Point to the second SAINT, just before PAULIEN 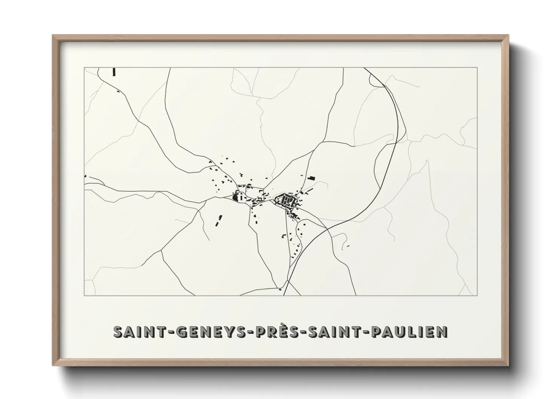pyautogui.click(x=336, y=331)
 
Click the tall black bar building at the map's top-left pyautogui.click(x=113, y=72)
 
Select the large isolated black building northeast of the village pyautogui.click(x=311, y=178)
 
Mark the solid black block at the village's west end pyautogui.click(x=236, y=197)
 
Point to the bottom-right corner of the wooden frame pyautogui.click(x=508, y=365)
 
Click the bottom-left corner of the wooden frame pyautogui.click(x=53, y=365)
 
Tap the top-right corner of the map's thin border pyautogui.click(x=477, y=68)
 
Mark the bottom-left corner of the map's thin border pyautogui.click(x=84, y=295)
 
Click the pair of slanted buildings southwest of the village pyautogui.click(x=218, y=221)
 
